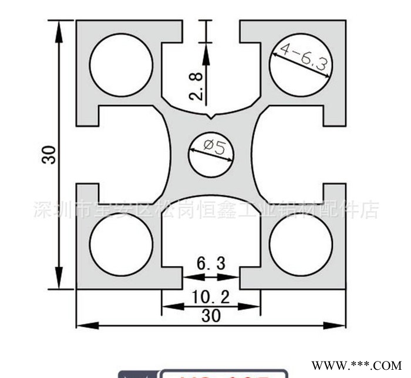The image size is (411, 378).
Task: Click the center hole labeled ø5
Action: point(210,154)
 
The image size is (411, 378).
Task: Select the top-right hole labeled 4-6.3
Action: point(301,64)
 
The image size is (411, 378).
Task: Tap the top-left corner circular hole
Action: point(121,64)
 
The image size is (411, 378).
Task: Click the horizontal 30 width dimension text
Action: point(211,315)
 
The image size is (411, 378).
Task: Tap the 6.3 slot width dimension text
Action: point(211,264)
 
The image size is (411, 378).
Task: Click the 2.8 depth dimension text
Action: point(197,86)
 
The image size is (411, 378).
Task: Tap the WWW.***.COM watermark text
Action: point(356,365)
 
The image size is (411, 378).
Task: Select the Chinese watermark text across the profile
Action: point(206,210)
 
